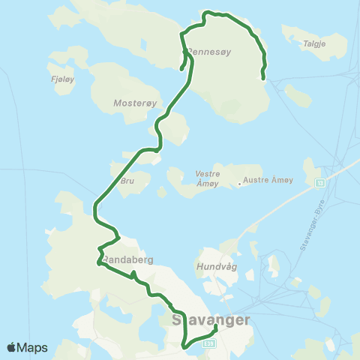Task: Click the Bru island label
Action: pos(127,181)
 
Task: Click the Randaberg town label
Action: pos(127,259)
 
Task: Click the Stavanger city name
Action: pos(210,319)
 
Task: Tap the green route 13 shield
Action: pos(320,182)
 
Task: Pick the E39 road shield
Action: pos(210,343)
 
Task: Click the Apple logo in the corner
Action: pos(12,347)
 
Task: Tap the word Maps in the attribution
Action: pos(34,347)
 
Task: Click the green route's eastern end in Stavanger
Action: pos(216,326)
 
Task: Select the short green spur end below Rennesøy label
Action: pos(182,70)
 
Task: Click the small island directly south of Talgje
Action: pos(298,94)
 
